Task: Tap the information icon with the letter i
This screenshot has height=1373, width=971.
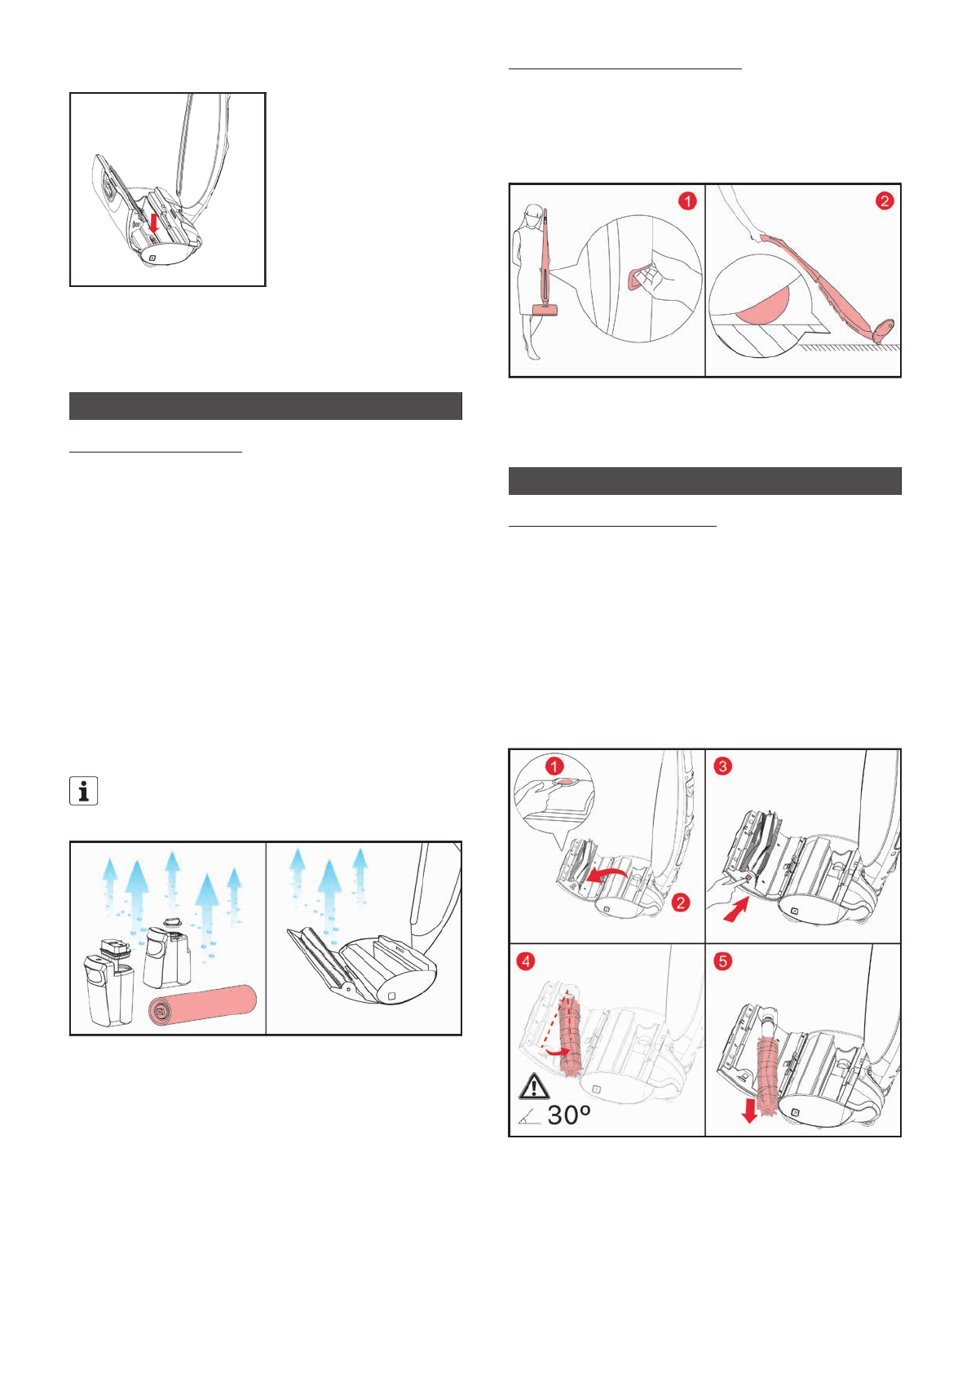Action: click(x=84, y=791)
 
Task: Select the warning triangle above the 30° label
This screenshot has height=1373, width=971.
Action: click(x=533, y=1086)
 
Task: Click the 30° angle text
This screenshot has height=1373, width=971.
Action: click(x=569, y=1115)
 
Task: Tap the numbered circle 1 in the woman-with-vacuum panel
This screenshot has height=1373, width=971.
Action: click(x=687, y=201)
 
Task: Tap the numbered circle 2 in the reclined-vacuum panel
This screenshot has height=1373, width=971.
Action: click(x=884, y=201)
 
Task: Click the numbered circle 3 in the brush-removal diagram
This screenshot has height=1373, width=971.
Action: click(x=722, y=766)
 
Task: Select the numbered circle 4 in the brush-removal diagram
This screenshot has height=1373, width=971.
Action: click(x=526, y=961)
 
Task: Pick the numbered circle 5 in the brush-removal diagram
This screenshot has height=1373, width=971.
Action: click(x=722, y=961)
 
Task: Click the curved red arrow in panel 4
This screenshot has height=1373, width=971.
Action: click(x=558, y=1053)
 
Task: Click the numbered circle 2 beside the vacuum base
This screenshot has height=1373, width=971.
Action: click(x=681, y=903)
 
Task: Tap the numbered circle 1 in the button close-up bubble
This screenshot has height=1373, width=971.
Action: click(x=554, y=766)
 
